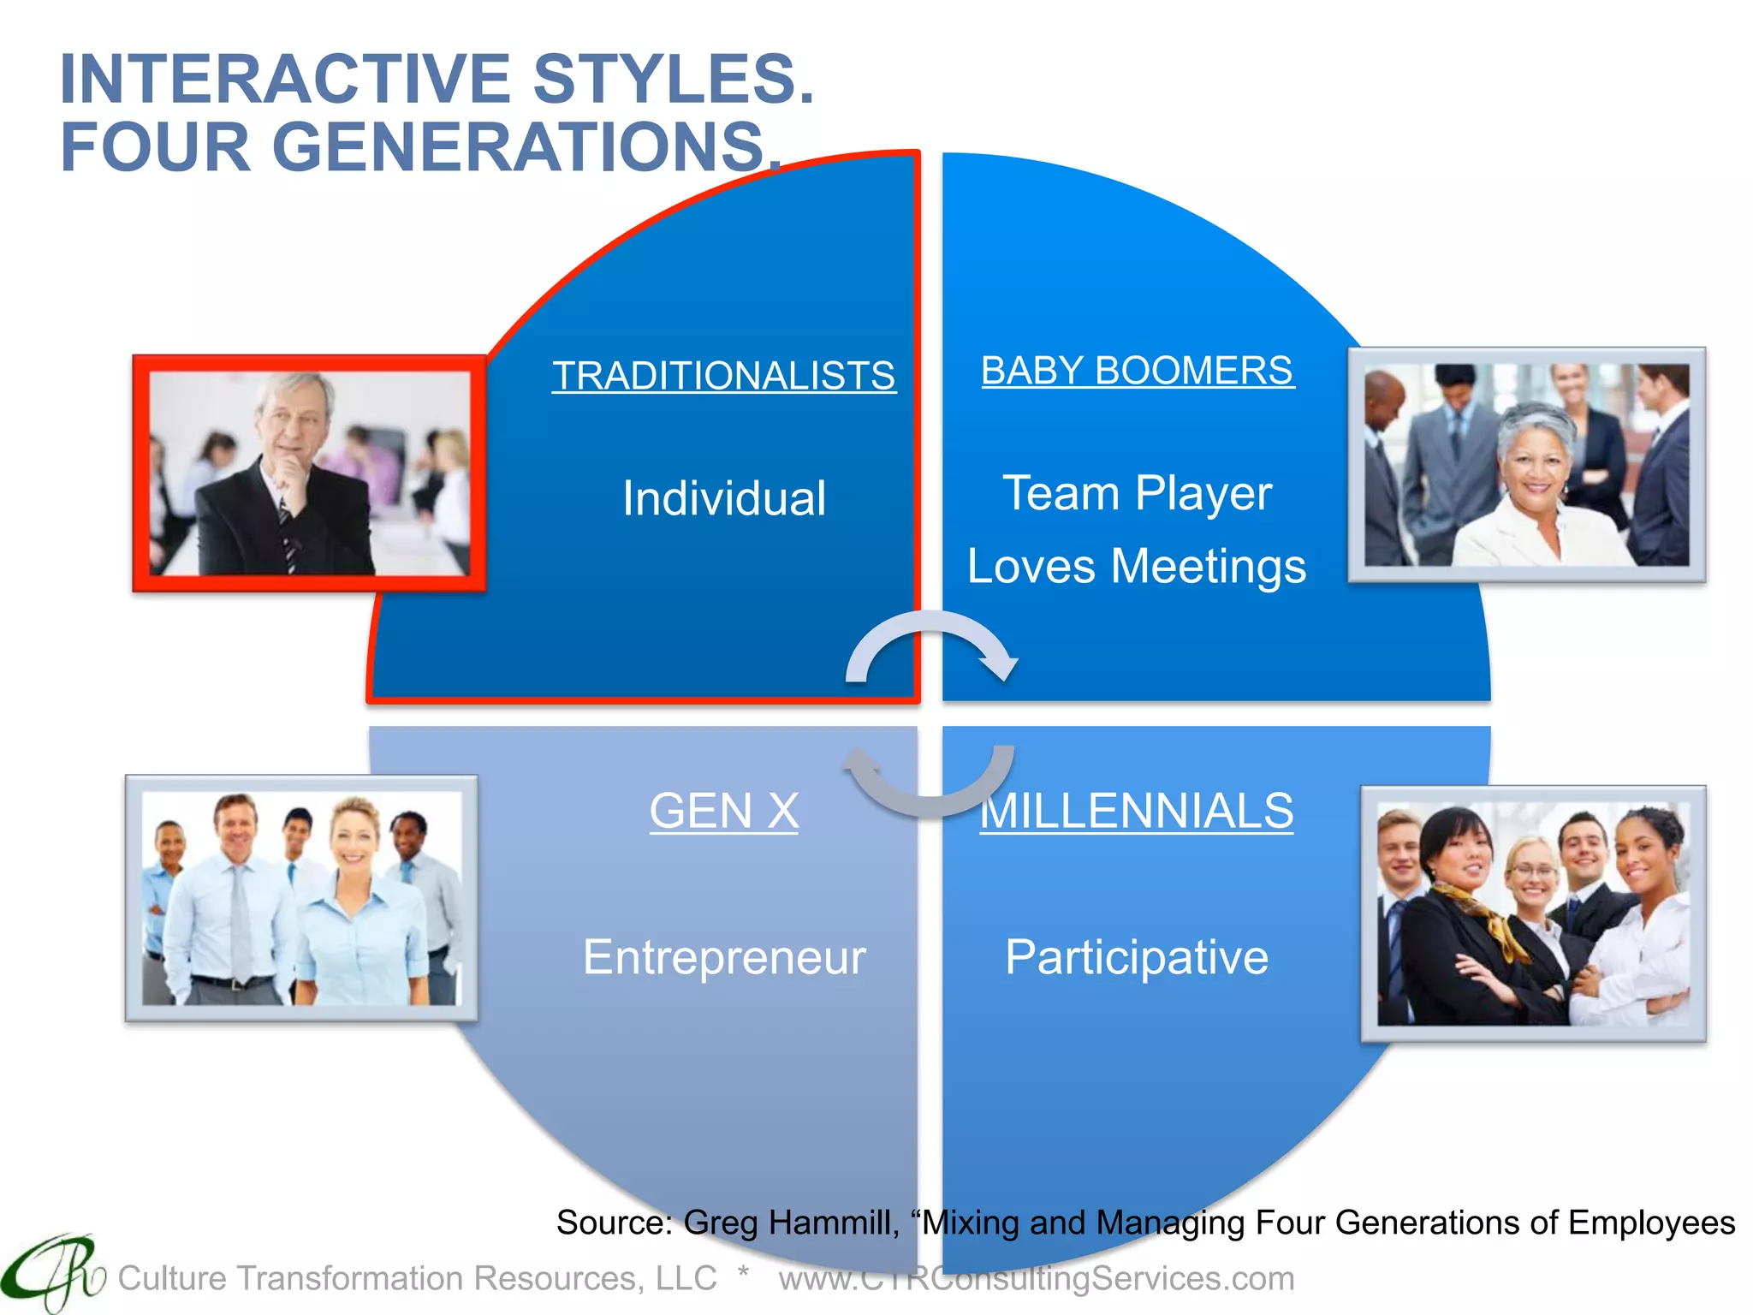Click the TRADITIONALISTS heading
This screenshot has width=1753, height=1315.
point(723,376)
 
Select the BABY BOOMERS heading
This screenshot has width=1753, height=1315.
point(1137,371)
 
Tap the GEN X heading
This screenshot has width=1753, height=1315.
point(723,811)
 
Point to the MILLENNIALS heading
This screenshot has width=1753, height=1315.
point(1137,811)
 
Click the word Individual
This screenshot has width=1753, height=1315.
point(723,498)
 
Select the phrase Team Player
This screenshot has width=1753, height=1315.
point(1137,494)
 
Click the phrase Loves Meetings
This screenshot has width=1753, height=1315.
point(1137,567)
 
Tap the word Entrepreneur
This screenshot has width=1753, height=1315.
point(723,957)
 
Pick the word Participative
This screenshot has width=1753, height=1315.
point(1137,957)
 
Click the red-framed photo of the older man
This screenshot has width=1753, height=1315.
point(309,473)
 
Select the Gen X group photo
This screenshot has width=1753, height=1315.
point(301,898)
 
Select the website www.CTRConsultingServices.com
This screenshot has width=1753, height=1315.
point(1036,1278)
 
